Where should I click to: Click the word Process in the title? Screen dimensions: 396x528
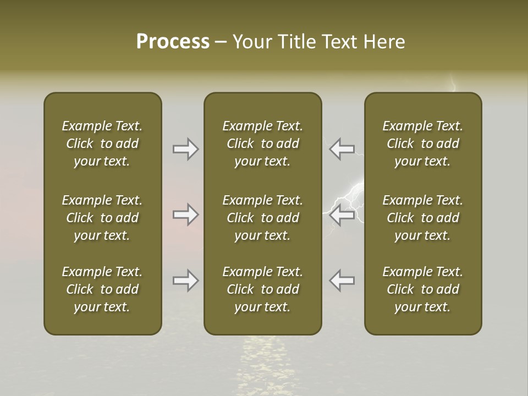[x=173, y=42]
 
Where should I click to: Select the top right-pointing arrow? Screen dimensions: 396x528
[x=185, y=149]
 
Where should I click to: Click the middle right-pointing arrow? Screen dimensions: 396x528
[x=185, y=215]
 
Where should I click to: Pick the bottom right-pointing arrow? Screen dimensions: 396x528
[x=185, y=280]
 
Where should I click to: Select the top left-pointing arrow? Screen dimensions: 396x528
[x=342, y=149]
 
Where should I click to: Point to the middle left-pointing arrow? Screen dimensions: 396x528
[x=342, y=215]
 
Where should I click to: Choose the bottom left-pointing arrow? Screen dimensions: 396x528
[x=342, y=280]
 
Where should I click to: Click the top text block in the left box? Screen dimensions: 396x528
[x=102, y=144]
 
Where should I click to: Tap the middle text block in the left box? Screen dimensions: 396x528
[x=102, y=218]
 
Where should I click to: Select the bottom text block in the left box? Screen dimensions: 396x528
[x=102, y=289]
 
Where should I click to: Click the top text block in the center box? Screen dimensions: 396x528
[x=262, y=144]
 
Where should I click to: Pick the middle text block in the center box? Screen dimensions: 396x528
[x=262, y=218]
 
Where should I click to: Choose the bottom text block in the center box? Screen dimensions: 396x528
[x=262, y=289]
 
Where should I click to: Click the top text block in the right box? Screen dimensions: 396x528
[x=423, y=144]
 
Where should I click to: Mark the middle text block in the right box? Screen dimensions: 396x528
[x=423, y=218]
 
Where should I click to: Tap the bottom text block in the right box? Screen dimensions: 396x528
[x=423, y=289]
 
